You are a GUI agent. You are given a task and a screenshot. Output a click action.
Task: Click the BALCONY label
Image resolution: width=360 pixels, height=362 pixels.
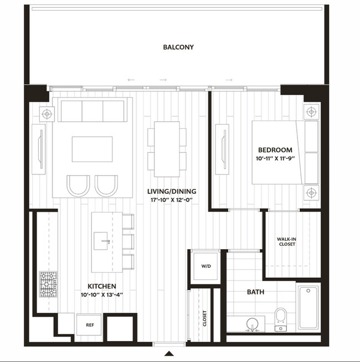click(x=178, y=47)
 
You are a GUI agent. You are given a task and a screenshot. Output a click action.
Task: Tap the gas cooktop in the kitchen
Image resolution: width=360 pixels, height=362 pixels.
click(x=48, y=284)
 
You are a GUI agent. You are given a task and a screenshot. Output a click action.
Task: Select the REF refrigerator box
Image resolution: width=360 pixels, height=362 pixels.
click(x=89, y=324)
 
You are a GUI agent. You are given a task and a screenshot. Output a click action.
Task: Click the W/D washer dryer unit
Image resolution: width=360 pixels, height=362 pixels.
click(x=205, y=266)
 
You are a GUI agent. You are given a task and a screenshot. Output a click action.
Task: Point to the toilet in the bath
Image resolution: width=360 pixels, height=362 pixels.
click(x=281, y=319)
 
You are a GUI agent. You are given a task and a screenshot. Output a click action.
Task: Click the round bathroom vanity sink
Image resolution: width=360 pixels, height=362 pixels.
click(x=253, y=324)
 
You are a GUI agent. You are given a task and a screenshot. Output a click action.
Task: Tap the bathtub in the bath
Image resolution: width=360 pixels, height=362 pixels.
click(x=308, y=308)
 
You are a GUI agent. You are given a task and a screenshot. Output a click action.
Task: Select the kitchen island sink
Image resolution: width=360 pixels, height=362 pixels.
click(x=101, y=241)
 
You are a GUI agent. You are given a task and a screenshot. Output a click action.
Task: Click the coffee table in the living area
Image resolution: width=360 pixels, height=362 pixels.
click(x=92, y=149)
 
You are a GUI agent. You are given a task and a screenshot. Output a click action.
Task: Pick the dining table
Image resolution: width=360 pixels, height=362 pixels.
click(x=167, y=149)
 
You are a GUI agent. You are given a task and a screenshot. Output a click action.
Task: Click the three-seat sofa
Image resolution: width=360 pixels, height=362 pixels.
click(x=92, y=110)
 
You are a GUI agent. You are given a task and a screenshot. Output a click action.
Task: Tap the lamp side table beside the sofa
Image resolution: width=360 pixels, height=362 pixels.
click(x=47, y=114)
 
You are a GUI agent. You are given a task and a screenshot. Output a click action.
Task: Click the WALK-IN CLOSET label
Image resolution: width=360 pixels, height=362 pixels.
click(x=287, y=242)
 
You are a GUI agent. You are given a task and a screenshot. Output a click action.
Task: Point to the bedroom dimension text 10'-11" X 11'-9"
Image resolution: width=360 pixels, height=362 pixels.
click(x=276, y=159)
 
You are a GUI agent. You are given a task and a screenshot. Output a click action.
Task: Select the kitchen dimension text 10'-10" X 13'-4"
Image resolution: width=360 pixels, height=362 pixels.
click(x=102, y=295)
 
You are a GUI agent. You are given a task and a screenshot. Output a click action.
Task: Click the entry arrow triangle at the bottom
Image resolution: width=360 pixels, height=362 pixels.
click(x=169, y=354)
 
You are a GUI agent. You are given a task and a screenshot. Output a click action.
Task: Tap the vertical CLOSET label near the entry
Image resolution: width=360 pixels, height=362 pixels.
click(x=204, y=318)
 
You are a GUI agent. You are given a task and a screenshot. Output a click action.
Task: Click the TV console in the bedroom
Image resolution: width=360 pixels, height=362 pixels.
click(x=222, y=149)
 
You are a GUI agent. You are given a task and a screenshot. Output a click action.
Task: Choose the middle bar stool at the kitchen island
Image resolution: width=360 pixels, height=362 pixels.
click(x=128, y=242)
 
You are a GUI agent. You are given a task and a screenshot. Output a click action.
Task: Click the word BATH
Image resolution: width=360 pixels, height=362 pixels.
click(x=255, y=292)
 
